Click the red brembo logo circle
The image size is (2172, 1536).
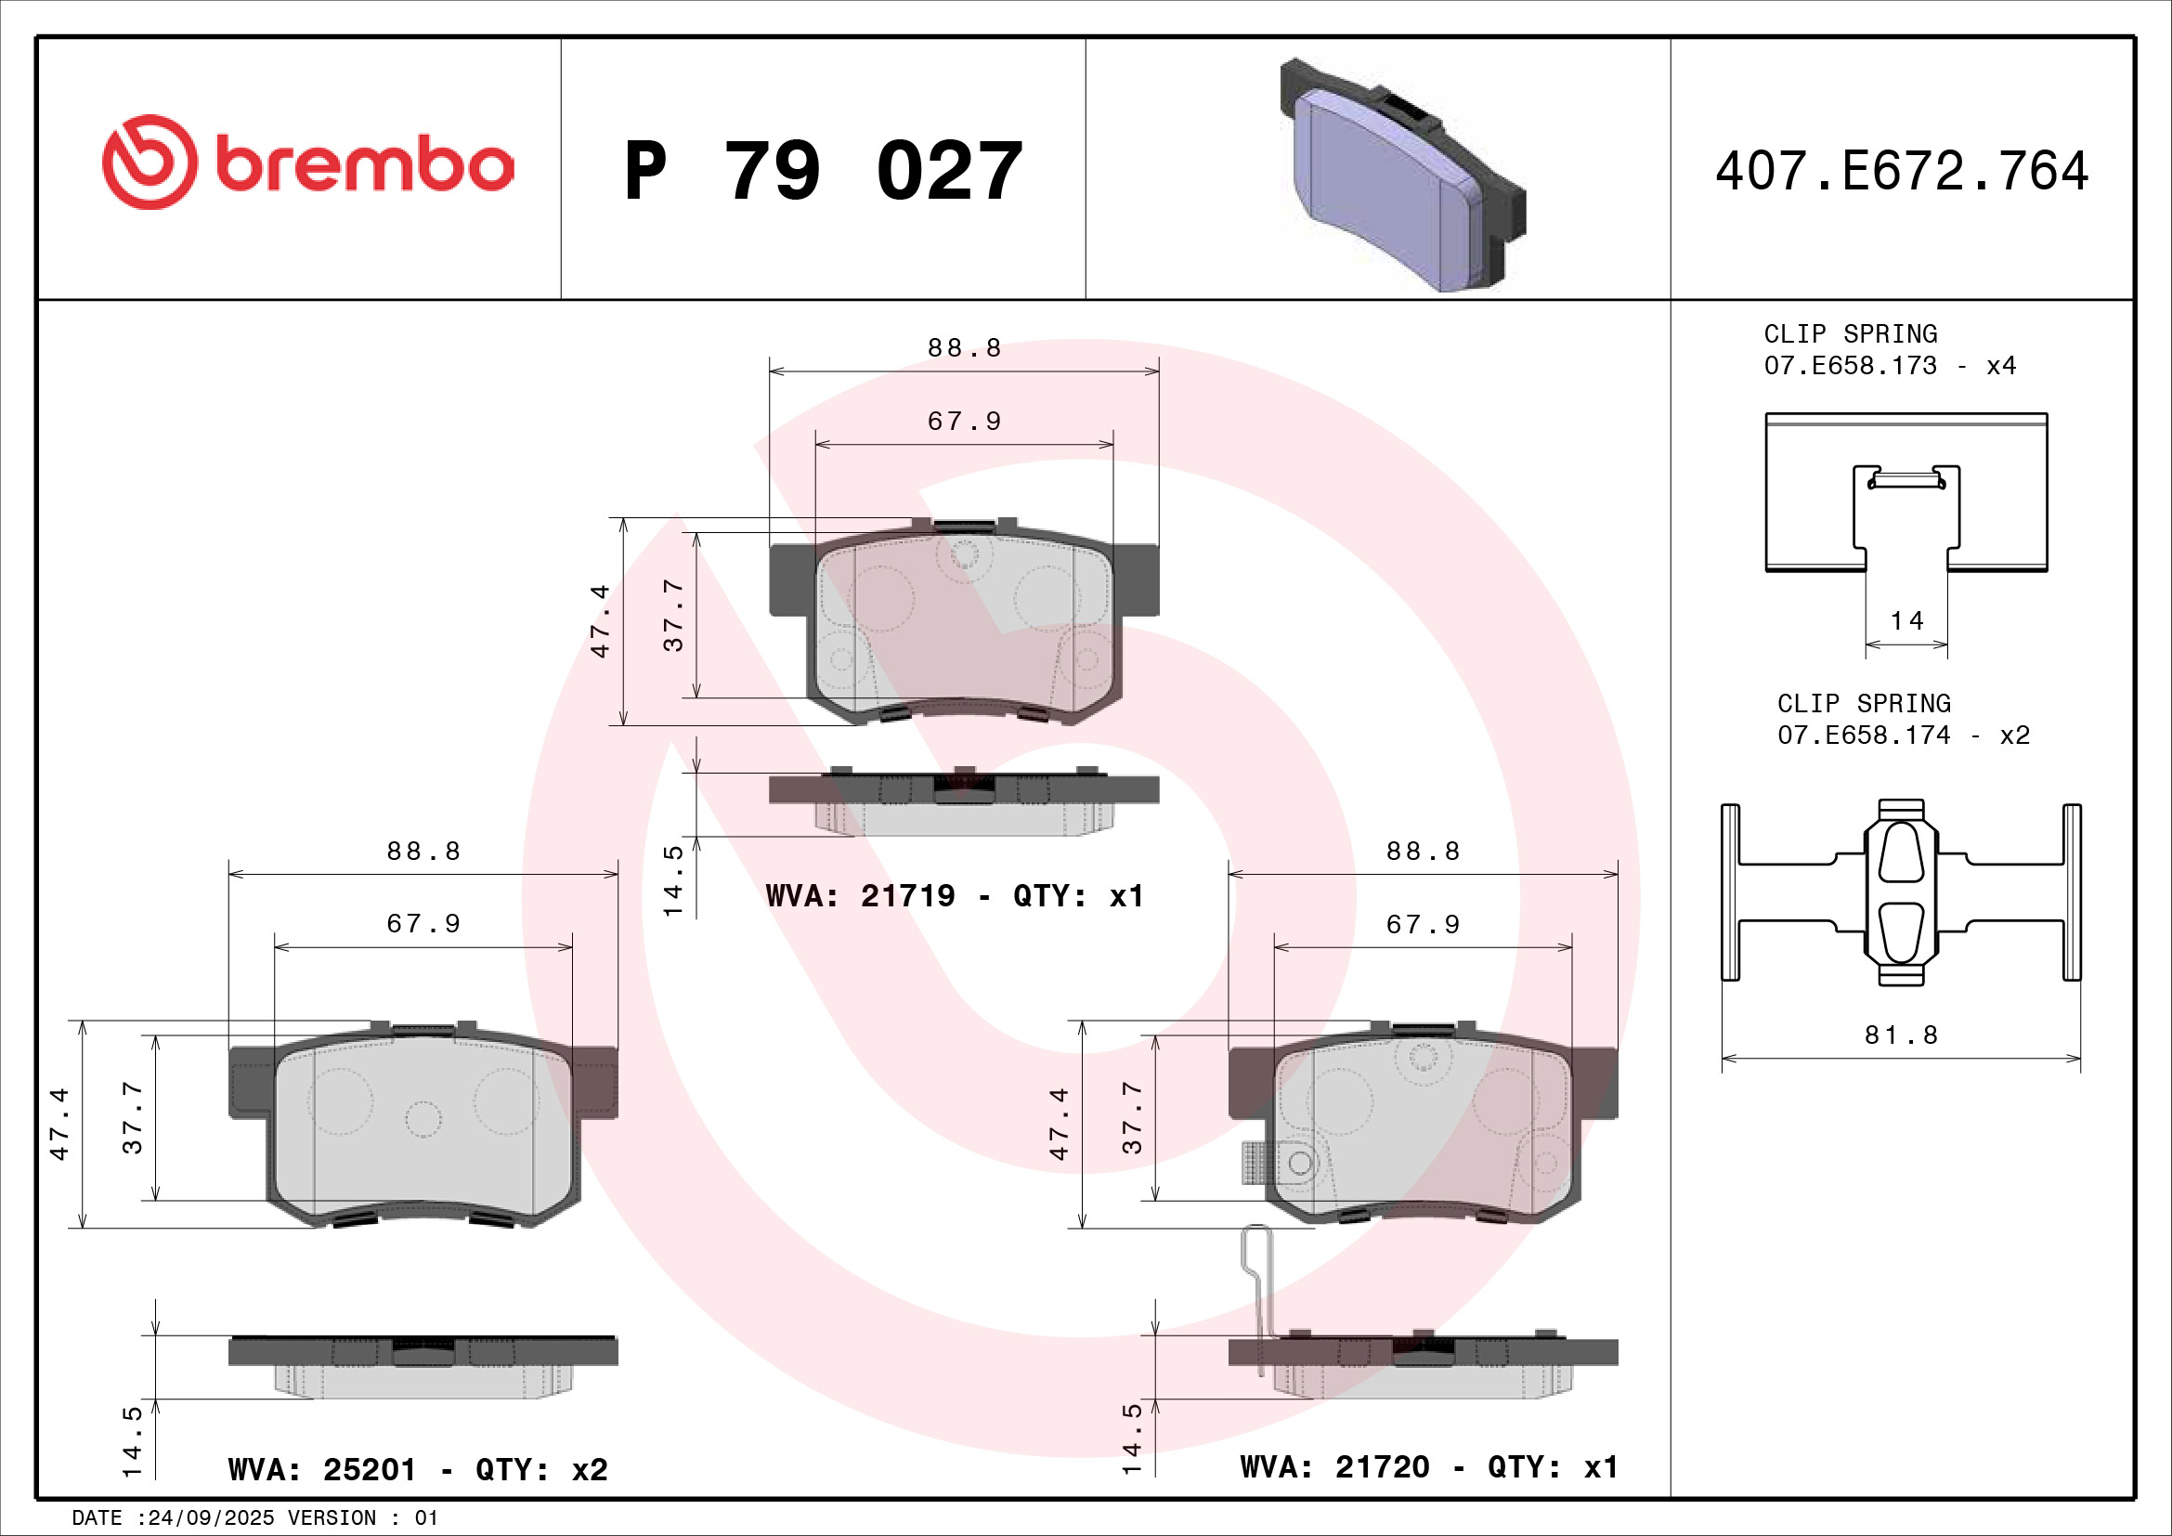150,163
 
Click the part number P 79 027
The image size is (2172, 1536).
823,171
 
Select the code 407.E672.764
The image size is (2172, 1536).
1902,171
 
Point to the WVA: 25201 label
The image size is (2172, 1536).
321,1470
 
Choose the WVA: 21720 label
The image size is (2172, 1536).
1333,1467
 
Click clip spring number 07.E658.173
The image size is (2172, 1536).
1850,366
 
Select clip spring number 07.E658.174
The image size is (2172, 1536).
1863,735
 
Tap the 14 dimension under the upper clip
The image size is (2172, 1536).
1906,621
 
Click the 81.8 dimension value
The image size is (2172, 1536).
1901,1035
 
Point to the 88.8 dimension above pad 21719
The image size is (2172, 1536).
963,348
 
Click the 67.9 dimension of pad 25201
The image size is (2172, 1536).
423,923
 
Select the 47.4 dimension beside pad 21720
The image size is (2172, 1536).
1059,1124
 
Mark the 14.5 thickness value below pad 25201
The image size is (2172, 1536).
132,1441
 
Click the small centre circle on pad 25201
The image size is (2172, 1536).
423,1120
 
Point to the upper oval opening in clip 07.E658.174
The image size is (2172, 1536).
1901,853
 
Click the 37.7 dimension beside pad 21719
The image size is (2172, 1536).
672,615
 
